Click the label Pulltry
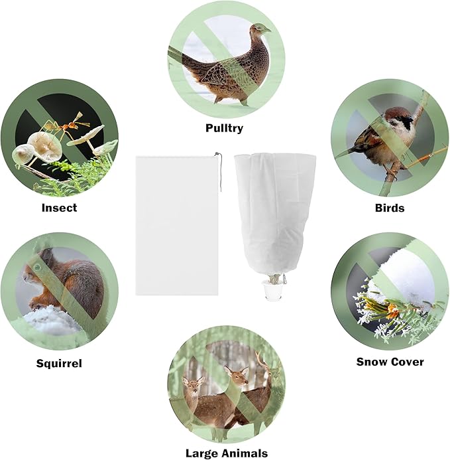(224, 128)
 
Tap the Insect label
(59, 208)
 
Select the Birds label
(389, 208)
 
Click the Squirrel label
(59, 363)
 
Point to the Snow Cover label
(390, 362)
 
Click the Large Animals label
(226, 453)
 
